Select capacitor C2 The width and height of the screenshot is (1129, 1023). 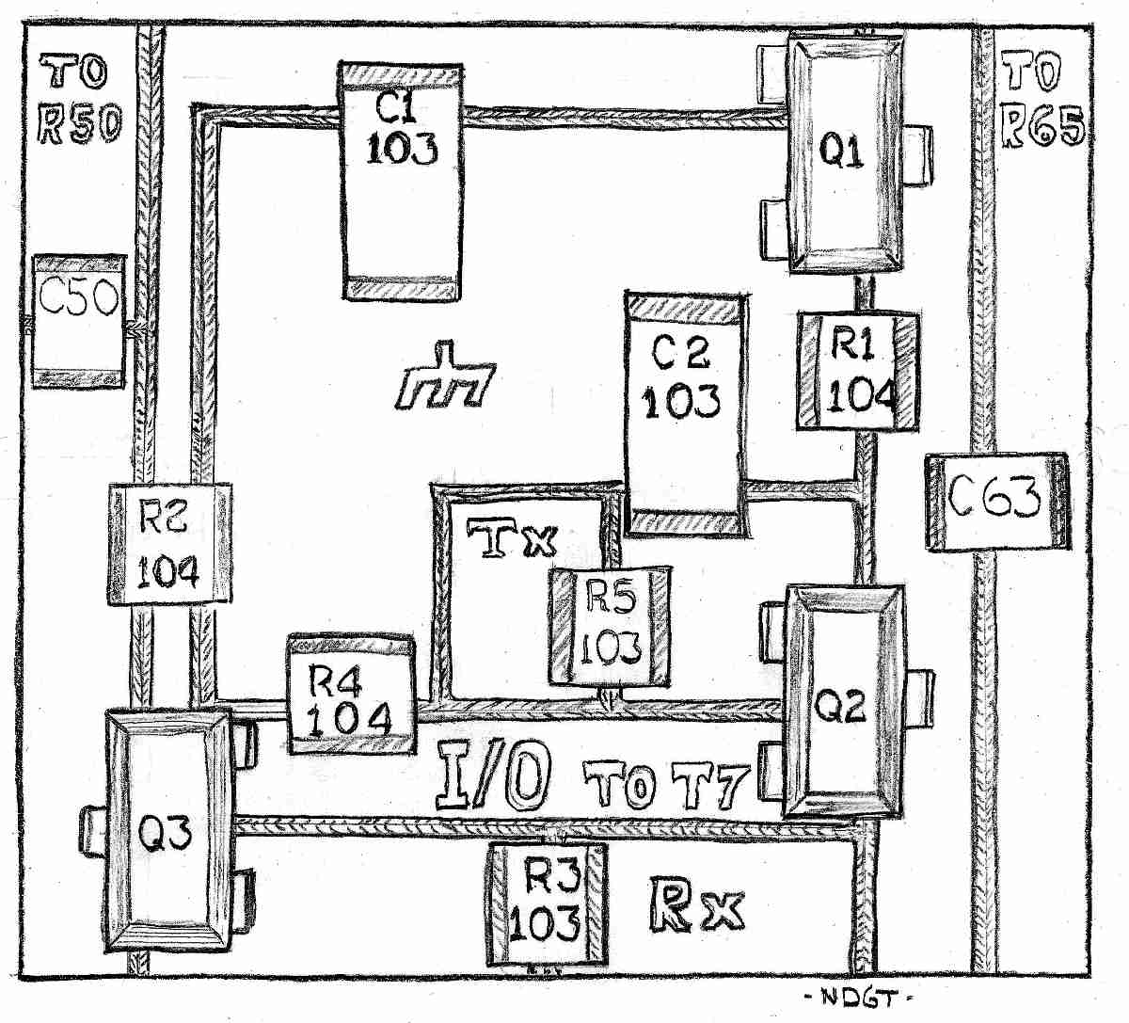pos(686,414)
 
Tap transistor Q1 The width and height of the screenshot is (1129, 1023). pos(843,152)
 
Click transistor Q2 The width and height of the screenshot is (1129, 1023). pos(843,702)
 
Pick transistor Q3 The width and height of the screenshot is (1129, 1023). pos(167,832)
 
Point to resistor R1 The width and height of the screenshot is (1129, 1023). pos(857,372)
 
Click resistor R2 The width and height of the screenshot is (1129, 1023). pos(168,544)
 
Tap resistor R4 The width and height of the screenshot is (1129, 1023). pos(350,695)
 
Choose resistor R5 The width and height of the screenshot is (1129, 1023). pos(611,626)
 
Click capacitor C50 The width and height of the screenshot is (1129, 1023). pos(79,320)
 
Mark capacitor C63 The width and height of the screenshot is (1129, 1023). pos(997,502)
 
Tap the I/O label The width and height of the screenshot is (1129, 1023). pos(493,777)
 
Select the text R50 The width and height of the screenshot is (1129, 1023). pos(79,124)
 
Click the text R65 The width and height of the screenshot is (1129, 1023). pos(1042,125)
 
